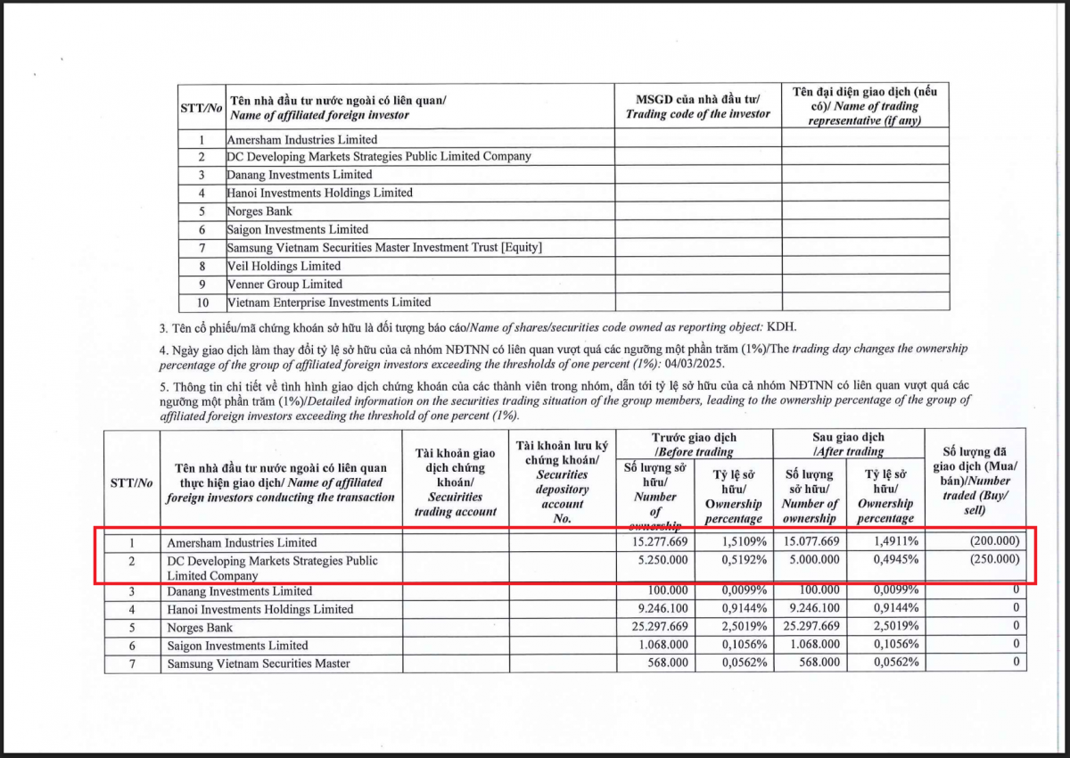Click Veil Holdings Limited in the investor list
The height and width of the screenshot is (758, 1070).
[284, 266]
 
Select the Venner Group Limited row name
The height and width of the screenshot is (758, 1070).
[284, 284]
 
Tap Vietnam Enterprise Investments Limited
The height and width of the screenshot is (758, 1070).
[328, 302]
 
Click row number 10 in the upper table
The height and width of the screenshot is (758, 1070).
[202, 302]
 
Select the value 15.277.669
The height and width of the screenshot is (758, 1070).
[657, 542]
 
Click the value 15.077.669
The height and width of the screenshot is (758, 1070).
[810, 542]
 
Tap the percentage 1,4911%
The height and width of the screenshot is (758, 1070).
[887, 542]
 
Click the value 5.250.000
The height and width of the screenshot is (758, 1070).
[661, 560]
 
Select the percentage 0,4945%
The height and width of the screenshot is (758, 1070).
[887, 560]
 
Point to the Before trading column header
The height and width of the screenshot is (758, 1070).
[694, 445]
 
